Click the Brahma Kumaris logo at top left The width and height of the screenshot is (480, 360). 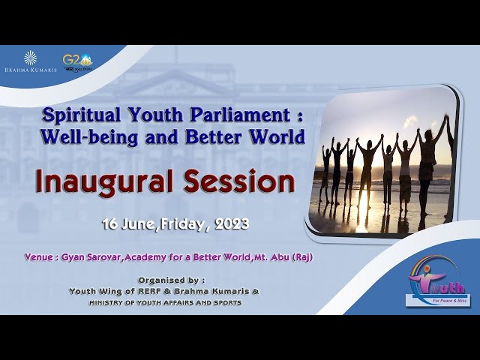pyautogui.click(x=30, y=61)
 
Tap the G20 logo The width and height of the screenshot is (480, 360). pyautogui.click(x=77, y=61)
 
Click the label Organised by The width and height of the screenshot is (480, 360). pyautogui.click(x=162, y=280)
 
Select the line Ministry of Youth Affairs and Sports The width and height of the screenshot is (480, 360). pyautogui.click(x=165, y=302)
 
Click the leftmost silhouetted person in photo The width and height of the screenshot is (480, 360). pyautogui.click(x=325, y=172)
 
